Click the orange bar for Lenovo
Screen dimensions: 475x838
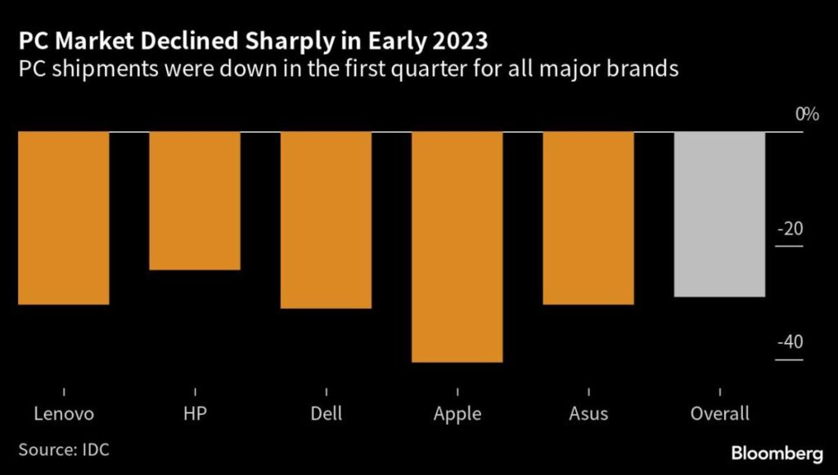pyautogui.click(x=63, y=218)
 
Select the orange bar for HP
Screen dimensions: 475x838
pyautogui.click(x=194, y=201)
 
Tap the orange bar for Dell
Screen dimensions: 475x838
pyautogui.click(x=326, y=219)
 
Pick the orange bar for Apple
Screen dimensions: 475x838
pyautogui.click(x=457, y=247)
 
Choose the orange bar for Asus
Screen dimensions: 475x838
pyautogui.click(x=588, y=218)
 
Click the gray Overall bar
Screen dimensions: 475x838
pyautogui.click(x=719, y=214)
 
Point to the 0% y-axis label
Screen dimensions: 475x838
pyautogui.click(x=807, y=115)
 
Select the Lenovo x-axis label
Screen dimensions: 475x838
pyautogui.click(x=64, y=414)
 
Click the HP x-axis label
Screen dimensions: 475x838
pyautogui.click(x=195, y=414)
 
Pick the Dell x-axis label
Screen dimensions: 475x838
pyautogui.click(x=327, y=414)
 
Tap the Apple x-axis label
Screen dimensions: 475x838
pyautogui.click(x=457, y=414)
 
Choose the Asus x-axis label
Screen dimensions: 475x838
pyautogui.click(x=588, y=414)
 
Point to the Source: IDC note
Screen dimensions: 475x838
pyautogui.click(x=63, y=450)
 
